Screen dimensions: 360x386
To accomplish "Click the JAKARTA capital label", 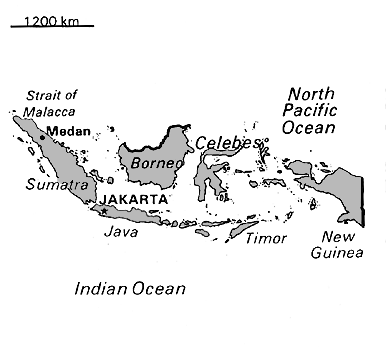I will (131, 200).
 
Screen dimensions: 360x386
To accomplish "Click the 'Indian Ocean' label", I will (131, 290).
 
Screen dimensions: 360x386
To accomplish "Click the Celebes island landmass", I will (210, 180).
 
